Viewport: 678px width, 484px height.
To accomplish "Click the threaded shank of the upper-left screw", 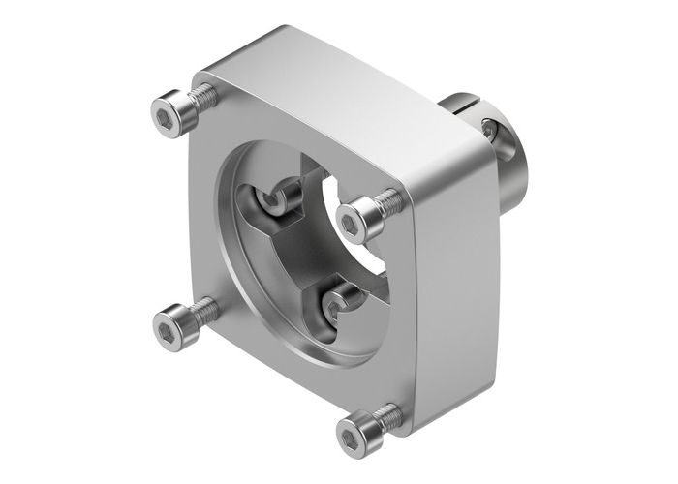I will click(x=202, y=95).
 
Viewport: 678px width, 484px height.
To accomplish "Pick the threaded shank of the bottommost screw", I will click(x=389, y=418).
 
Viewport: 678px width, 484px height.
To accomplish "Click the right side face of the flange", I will click(x=455, y=290).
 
